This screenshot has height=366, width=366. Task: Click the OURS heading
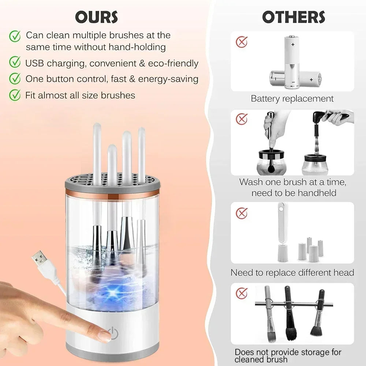coord(97,17)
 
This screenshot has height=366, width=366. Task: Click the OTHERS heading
coord(293,17)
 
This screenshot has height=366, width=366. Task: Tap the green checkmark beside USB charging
coord(15,63)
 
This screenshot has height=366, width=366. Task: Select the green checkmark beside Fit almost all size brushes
coord(15,95)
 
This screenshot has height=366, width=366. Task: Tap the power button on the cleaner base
coord(114,333)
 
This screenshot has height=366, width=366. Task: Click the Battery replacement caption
coord(292,98)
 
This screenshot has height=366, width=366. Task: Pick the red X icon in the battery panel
coord(242,42)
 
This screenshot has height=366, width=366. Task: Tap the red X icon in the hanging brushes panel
coord(242,293)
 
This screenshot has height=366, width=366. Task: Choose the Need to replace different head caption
coord(292,272)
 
